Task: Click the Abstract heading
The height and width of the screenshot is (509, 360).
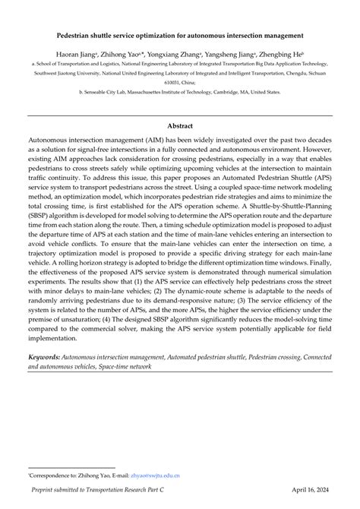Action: pyautogui.click(x=180, y=125)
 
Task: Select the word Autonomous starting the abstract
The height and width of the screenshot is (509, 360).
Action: pyautogui.click(x=52, y=142)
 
